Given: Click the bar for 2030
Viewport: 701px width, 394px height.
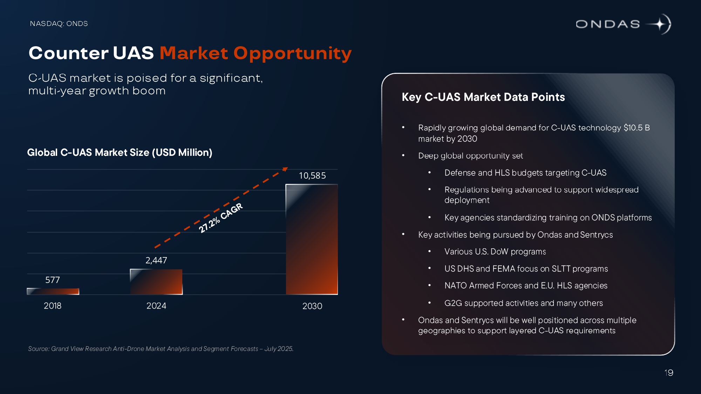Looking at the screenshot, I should click(x=312, y=239).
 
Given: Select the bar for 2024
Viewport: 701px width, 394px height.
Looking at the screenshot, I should click(x=156, y=282).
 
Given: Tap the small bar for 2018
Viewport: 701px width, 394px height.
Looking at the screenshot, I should click(x=53, y=291).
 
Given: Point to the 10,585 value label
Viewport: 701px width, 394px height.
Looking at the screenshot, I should click(x=312, y=175).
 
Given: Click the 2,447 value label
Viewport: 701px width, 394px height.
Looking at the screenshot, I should click(x=156, y=260).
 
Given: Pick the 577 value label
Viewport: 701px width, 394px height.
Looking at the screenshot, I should click(x=53, y=280).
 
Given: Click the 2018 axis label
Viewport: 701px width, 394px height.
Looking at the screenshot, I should click(x=53, y=306).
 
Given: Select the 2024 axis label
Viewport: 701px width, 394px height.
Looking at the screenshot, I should click(x=156, y=306).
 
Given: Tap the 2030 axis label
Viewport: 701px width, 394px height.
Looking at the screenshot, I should click(x=312, y=306).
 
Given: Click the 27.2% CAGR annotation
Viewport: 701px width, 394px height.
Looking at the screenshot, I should click(x=220, y=218).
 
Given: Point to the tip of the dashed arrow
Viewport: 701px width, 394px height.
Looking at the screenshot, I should click(x=286, y=169).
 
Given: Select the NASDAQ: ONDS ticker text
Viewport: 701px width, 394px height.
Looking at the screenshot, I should click(x=59, y=23).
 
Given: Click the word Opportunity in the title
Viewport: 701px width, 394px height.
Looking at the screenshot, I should click(x=292, y=53).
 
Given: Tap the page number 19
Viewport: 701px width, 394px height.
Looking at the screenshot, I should click(x=669, y=373).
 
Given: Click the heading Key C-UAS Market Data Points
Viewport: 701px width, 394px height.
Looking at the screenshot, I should click(x=483, y=97).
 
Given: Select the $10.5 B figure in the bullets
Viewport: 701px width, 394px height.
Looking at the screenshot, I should click(x=637, y=127).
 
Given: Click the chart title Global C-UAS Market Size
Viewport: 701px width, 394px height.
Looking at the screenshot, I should click(x=120, y=152).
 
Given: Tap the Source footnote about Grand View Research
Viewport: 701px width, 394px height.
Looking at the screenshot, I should click(x=161, y=349).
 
